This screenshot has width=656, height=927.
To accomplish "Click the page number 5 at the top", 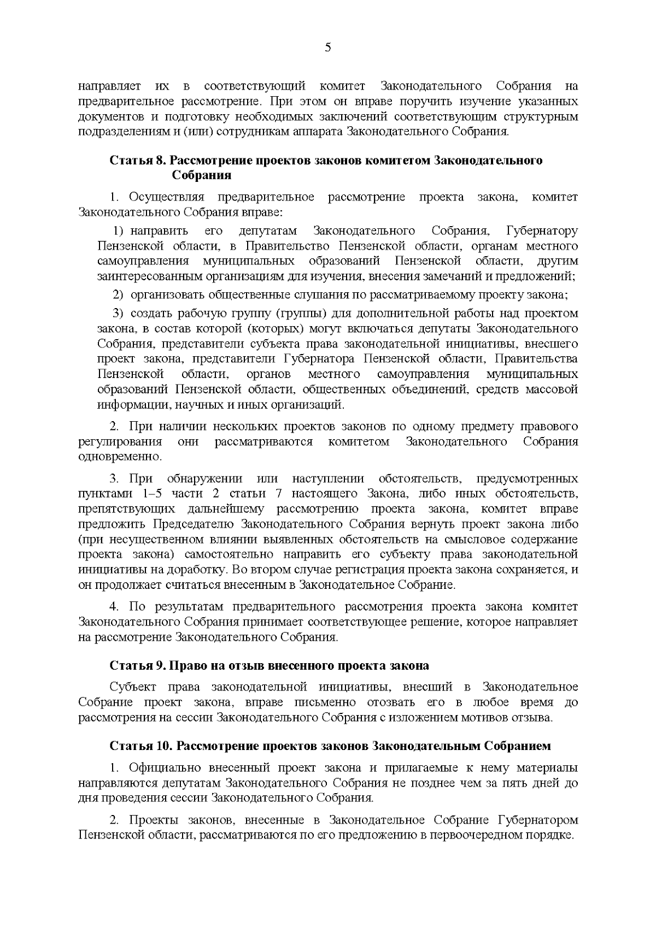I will pos(328,48).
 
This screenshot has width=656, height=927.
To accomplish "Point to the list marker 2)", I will pos(119,295).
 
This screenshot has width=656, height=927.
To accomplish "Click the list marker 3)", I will pos(119,314).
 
